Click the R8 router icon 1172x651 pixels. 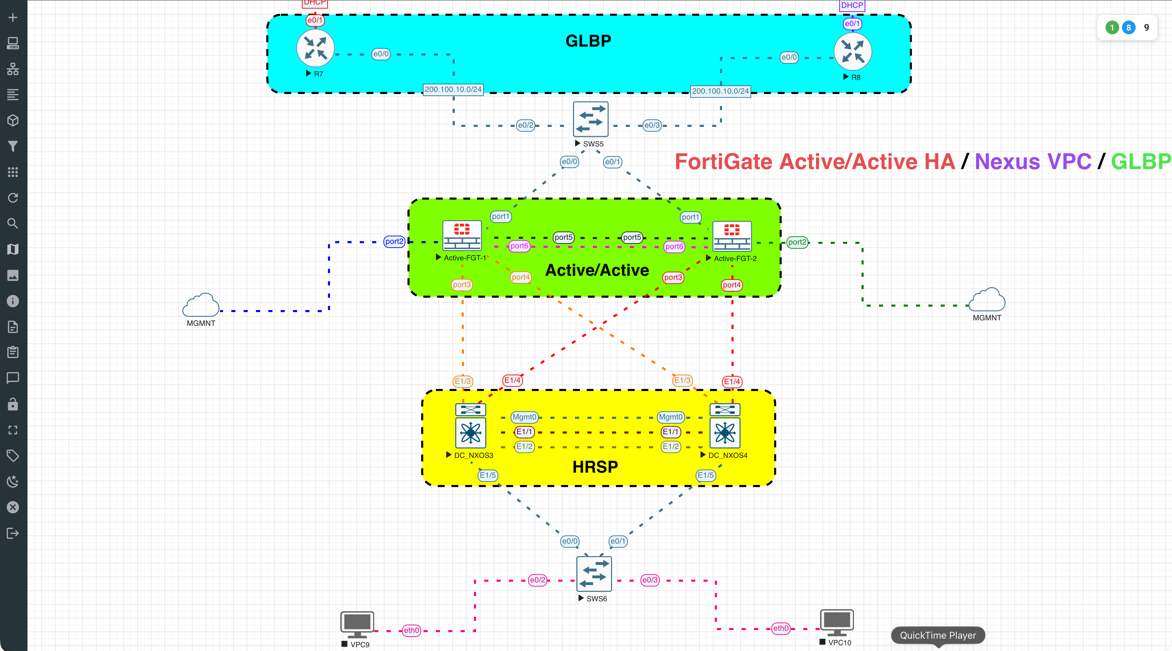point(853,51)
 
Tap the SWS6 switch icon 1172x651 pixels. point(594,573)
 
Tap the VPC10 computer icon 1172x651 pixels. point(837,622)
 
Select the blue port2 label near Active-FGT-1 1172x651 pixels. point(394,241)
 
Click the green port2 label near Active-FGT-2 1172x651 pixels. point(797,242)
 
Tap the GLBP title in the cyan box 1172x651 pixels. point(588,41)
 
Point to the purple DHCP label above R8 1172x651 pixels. point(852,5)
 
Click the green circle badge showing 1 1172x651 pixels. point(1112,28)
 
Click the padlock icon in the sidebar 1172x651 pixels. point(13,404)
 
